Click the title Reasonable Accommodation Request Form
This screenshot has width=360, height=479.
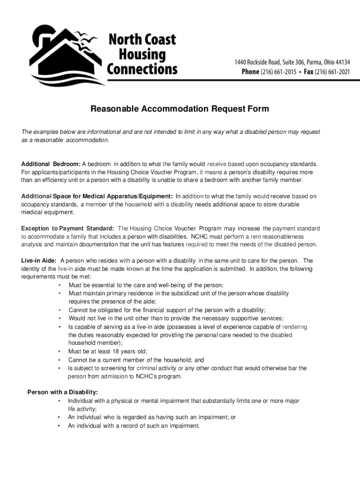coord(180,109)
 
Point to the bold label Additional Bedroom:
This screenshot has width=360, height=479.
coord(51,164)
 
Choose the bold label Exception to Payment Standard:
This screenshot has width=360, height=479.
coord(68,229)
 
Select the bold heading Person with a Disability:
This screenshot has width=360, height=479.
coord(63,392)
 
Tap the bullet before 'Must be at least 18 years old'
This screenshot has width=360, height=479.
coord(59,352)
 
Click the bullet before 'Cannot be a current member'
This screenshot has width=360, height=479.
coord(59,360)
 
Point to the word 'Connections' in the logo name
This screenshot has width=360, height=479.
coord(143,69)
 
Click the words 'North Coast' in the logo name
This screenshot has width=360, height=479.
coord(142,39)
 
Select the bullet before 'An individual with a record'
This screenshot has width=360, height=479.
coord(59,426)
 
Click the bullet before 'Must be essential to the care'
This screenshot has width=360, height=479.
coord(59,285)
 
